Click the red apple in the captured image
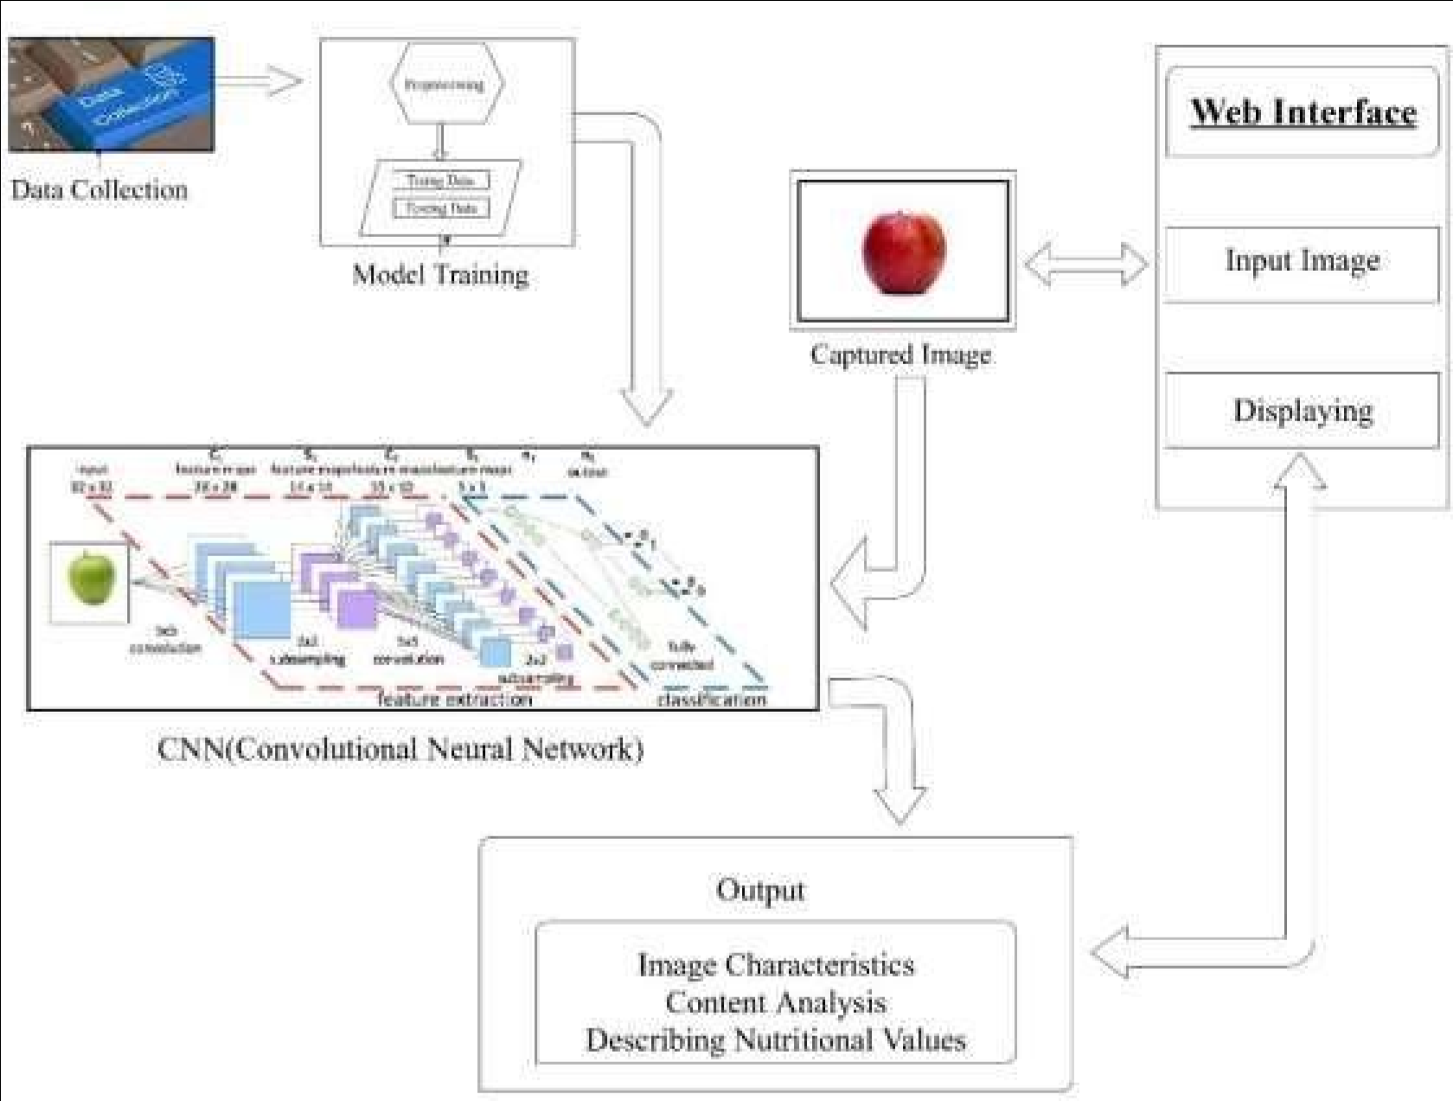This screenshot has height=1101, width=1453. tap(903, 252)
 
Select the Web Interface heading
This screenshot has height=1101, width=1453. tap(1303, 112)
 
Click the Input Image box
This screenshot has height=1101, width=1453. tap(1302, 261)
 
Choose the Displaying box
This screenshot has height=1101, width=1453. tap(1303, 410)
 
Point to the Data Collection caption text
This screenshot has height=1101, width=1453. tap(99, 190)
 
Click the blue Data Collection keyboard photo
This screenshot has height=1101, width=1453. tap(111, 94)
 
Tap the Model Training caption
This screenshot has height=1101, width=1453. tap(440, 275)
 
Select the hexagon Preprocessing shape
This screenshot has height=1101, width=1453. tap(445, 85)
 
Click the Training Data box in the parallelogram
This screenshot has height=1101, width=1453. tap(440, 181)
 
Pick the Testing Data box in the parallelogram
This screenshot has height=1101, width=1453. tap(441, 208)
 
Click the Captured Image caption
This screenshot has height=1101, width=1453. tap(900, 355)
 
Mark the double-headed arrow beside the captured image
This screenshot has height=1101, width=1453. tap(1085, 263)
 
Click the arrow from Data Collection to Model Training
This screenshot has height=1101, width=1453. tap(259, 81)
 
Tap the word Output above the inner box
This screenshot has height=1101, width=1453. tap(760, 890)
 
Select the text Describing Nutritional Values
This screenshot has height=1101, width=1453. tap(775, 1040)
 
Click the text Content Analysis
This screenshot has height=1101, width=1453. tap(775, 1002)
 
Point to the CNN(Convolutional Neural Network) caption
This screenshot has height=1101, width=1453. tap(400, 749)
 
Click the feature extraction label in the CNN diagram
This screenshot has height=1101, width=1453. tap(454, 698)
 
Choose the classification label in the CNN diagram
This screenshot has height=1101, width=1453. tap(711, 698)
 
